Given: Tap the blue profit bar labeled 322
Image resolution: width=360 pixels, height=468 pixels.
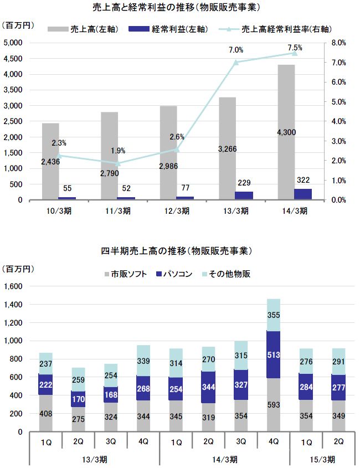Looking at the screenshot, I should click(303, 193).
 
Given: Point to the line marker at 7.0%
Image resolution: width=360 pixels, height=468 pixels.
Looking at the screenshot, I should click(235, 62).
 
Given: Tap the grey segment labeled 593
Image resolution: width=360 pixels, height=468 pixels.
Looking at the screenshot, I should click(274, 404).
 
